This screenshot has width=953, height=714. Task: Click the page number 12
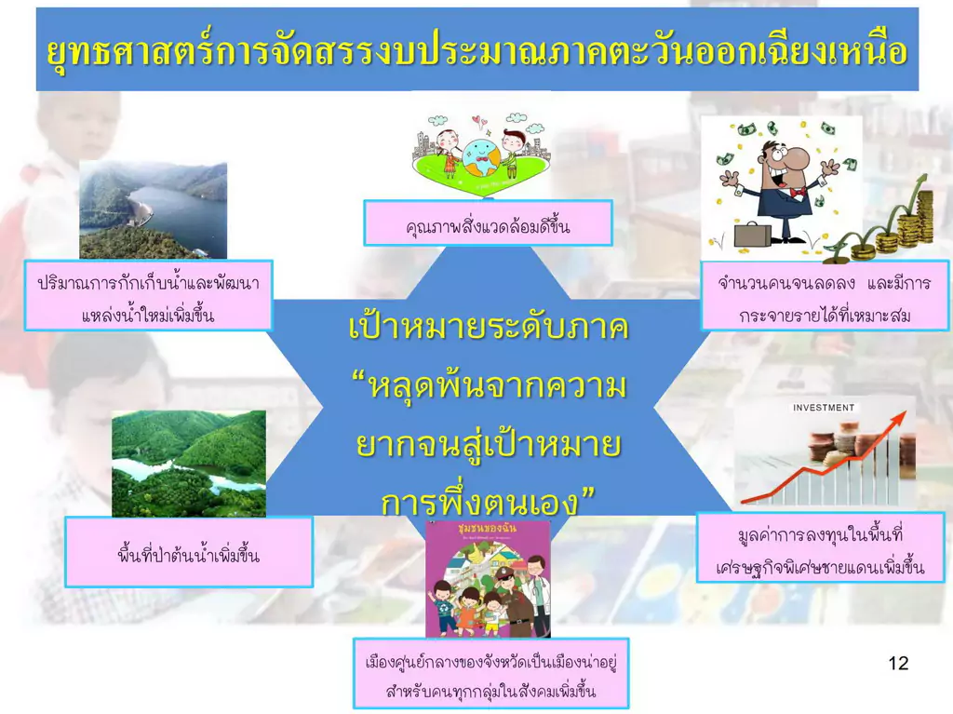coord(898,662)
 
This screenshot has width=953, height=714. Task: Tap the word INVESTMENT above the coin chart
coord(824,408)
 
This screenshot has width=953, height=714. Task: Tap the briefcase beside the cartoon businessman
coord(752,235)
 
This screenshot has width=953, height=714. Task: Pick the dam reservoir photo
coord(154,210)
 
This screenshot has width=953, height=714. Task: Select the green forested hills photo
coord(189,464)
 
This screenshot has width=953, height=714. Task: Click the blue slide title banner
coord(477,49)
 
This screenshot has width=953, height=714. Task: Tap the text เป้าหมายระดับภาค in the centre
coord(489,327)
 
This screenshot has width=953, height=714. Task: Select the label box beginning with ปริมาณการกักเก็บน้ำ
coord(148,296)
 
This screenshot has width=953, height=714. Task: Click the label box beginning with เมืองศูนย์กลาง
coord(490,673)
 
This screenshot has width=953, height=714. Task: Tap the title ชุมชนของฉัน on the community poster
coord(487,528)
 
